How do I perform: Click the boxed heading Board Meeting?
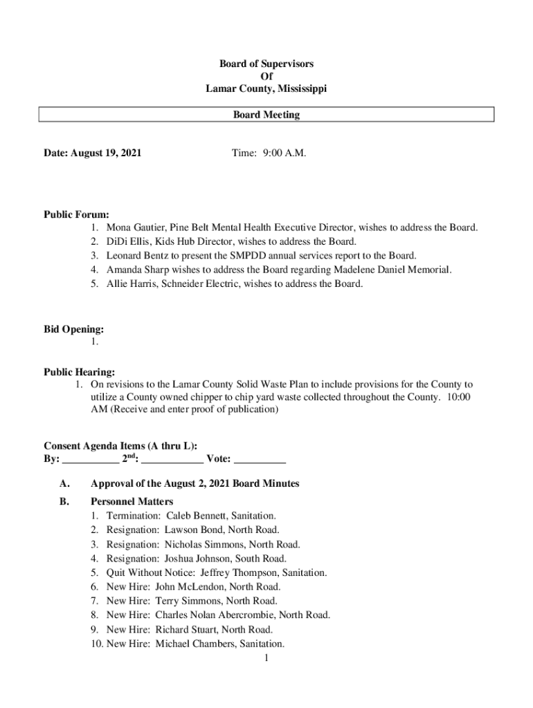click(x=266, y=115)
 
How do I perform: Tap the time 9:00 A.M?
click(x=284, y=153)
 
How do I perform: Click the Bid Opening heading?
click(x=74, y=330)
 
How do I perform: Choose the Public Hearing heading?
click(x=80, y=372)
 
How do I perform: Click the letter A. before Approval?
click(x=65, y=484)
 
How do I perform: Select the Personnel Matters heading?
click(x=132, y=501)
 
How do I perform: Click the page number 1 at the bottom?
click(x=266, y=658)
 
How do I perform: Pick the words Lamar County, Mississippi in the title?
click(x=266, y=89)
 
